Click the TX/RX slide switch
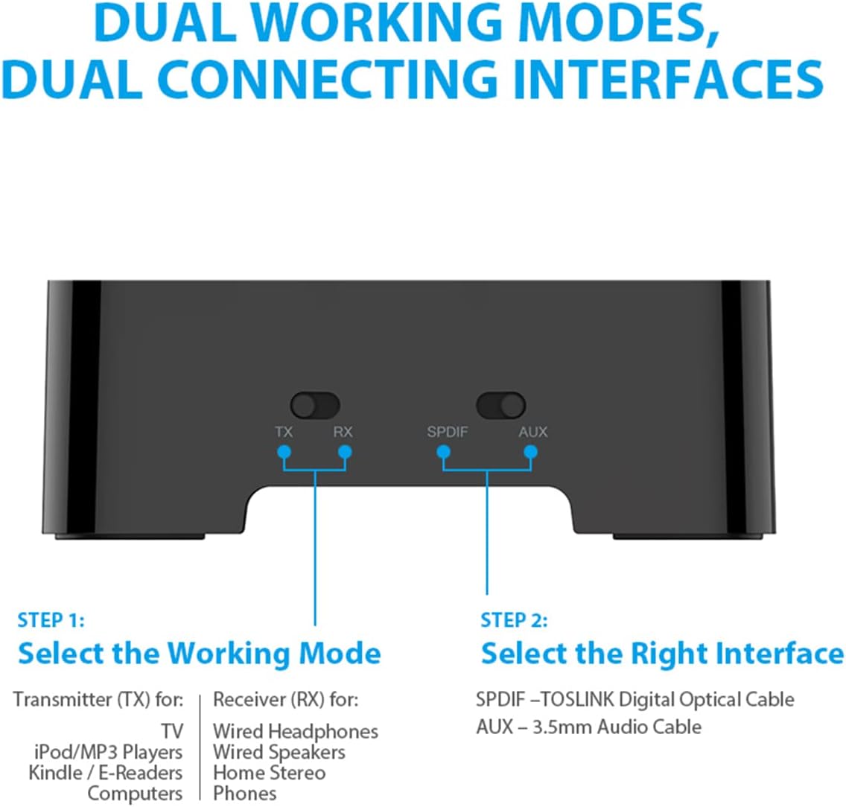[x=315, y=406]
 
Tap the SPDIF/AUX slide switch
[x=500, y=406]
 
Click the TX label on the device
[x=284, y=432]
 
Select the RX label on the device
[x=343, y=432]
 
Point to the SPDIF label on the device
[x=448, y=432]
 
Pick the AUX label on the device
[x=533, y=432]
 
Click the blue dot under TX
[x=284, y=451]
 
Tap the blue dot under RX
[x=345, y=451]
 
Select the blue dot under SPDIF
[x=444, y=451]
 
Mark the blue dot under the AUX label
[x=531, y=451]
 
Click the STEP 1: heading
[x=51, y=620]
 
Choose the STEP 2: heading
[x=514, y=620]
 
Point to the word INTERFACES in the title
[x=669, y=79]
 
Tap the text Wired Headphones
[x=296, y=732]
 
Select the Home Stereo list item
[x=270, y=773]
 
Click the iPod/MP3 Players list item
[x=109, y=753]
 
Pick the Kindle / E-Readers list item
[x=106, y=773]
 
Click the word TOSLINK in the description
[x=577, y=700]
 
